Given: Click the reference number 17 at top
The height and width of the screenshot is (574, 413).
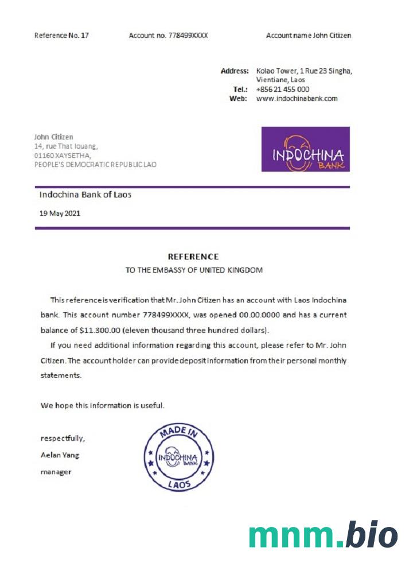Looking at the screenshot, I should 85,36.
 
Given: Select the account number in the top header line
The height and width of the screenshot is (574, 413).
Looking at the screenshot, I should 188,36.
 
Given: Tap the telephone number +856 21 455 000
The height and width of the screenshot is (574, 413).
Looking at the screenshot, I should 282,90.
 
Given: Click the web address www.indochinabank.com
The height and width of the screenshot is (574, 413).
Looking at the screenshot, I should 297,99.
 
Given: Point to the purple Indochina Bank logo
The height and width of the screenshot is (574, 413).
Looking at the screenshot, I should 305,149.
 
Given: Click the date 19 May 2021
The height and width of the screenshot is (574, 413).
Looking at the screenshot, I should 60,213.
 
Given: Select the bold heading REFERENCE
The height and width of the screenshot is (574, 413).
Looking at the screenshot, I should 193,257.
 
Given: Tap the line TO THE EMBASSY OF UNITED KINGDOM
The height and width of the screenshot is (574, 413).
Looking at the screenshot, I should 194,270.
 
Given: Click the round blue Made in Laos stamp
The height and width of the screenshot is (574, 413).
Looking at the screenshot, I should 178,457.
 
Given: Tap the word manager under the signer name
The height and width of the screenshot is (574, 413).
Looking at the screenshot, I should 56,472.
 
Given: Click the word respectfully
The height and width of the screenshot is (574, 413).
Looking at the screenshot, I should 62,439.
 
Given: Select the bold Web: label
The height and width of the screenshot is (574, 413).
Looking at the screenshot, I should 238,99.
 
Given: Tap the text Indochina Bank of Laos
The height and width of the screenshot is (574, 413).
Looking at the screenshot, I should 85,195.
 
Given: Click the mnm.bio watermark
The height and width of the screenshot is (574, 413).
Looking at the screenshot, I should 323,535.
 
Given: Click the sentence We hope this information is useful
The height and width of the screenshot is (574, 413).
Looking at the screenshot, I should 102,405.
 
